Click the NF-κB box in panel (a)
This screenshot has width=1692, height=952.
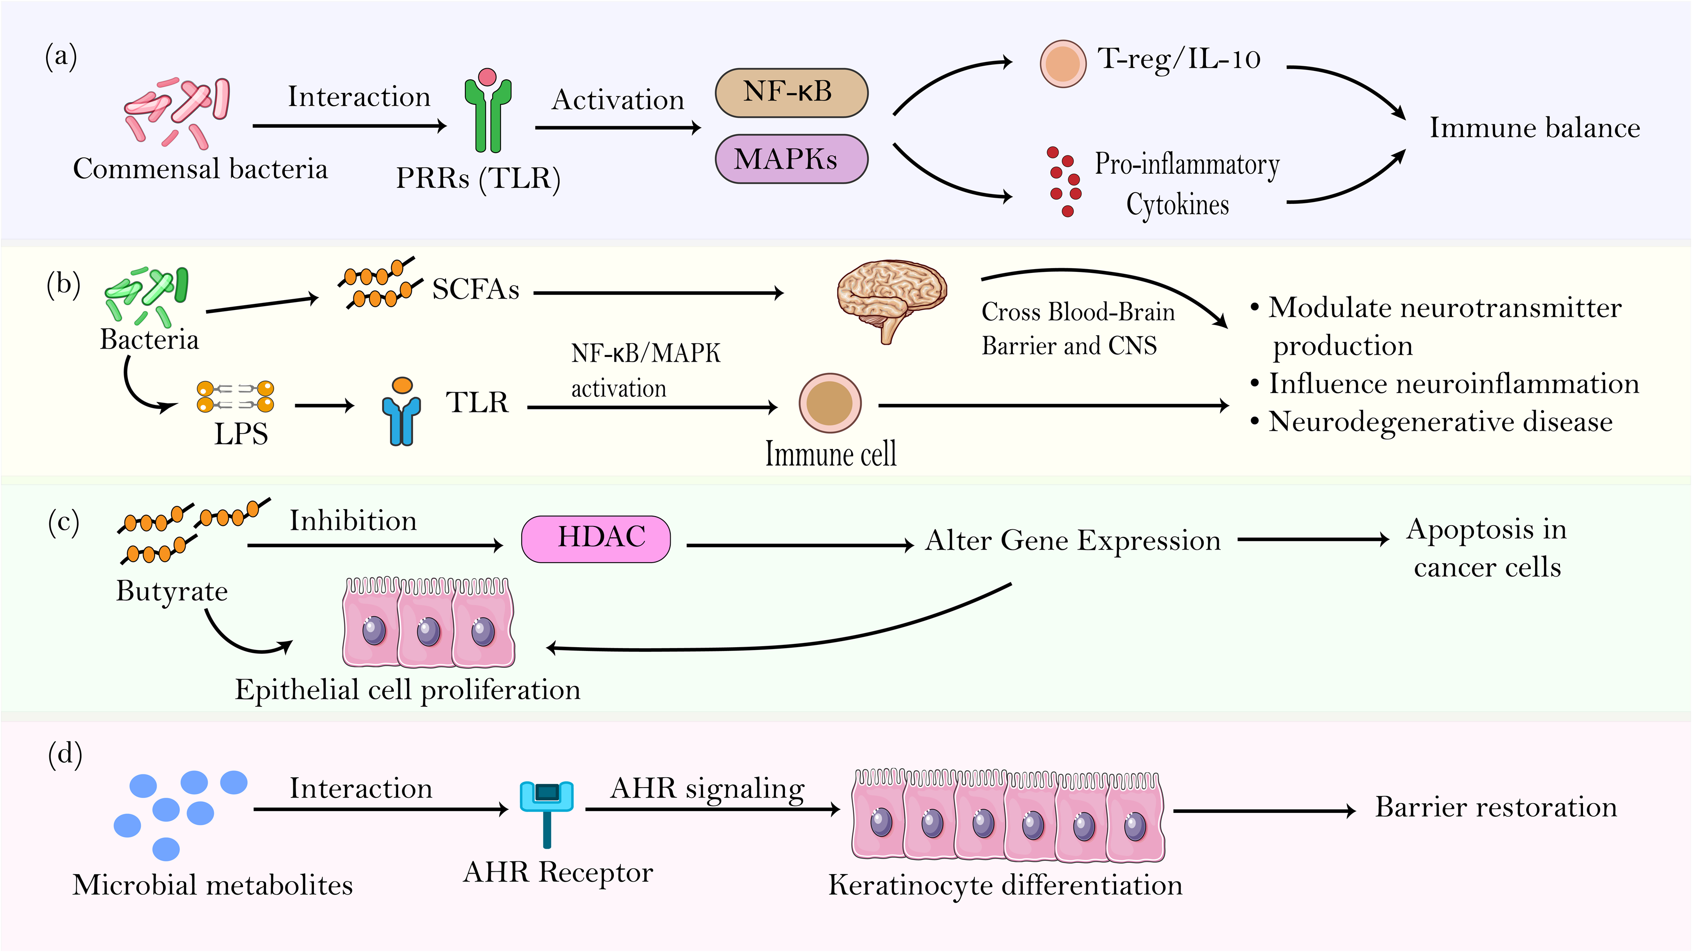coord(791,93)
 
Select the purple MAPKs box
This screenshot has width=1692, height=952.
coord(791,159)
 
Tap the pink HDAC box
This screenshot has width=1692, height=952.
coord(596,539)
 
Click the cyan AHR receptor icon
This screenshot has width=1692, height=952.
coord(547,813)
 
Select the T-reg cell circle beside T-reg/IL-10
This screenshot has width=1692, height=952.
coord(1063,64)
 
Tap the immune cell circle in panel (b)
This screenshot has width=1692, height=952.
coord(830,403)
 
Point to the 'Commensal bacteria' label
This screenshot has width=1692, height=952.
coord(200,169)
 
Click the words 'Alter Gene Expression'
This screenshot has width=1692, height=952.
coord(1073,540)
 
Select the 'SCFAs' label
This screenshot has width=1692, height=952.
coord(476,289)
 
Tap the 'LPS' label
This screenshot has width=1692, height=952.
coord(241,433)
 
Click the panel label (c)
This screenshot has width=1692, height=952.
coord(64,523)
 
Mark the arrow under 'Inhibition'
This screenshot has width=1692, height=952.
coord(375,545)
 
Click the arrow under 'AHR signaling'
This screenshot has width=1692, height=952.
coord(713,810)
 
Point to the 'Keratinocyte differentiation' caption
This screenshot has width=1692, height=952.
coord(1005,885)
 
